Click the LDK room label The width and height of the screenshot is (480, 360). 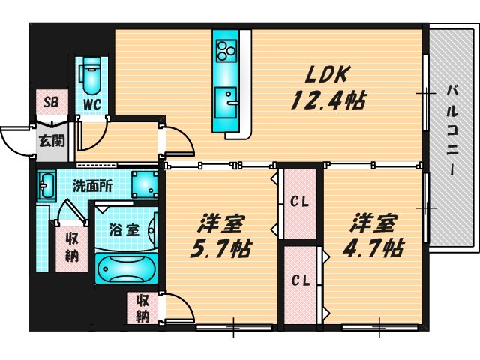[x=327, y=74]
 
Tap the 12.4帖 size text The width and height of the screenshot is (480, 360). [x=328, y=100]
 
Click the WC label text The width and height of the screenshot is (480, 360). [x=92, y=105]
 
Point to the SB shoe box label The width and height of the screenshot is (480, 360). [x=51, y=102]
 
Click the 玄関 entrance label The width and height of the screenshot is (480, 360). [x=52, y=141]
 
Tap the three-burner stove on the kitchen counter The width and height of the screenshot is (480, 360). [x=226, y=51]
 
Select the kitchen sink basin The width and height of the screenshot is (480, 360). [x=226, y=103]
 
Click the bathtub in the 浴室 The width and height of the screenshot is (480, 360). [x=127, y=268]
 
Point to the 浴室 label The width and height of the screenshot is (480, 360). [x=124, y=229]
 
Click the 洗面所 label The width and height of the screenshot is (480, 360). [x=92, y=186]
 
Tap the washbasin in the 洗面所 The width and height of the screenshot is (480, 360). [x=46, y=186]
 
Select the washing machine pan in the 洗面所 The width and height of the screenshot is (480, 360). [x=145, y=184]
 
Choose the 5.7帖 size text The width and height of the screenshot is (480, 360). [x=220, y=248]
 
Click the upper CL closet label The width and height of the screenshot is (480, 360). [x=299, y=202]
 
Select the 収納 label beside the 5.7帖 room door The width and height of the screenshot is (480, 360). [x=143, y=308]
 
